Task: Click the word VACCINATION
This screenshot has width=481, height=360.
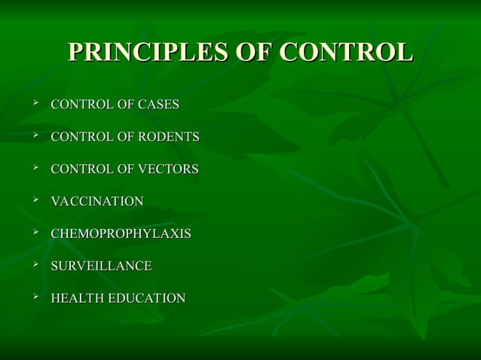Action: (97, 202)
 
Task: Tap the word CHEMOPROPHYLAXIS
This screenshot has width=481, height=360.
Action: (121, 234)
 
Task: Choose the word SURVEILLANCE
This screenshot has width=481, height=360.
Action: (101, 267)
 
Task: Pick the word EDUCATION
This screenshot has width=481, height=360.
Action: (147, 299)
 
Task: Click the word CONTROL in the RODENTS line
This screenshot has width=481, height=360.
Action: (79, 137)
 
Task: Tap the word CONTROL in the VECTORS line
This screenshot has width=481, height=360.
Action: (79, 169)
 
